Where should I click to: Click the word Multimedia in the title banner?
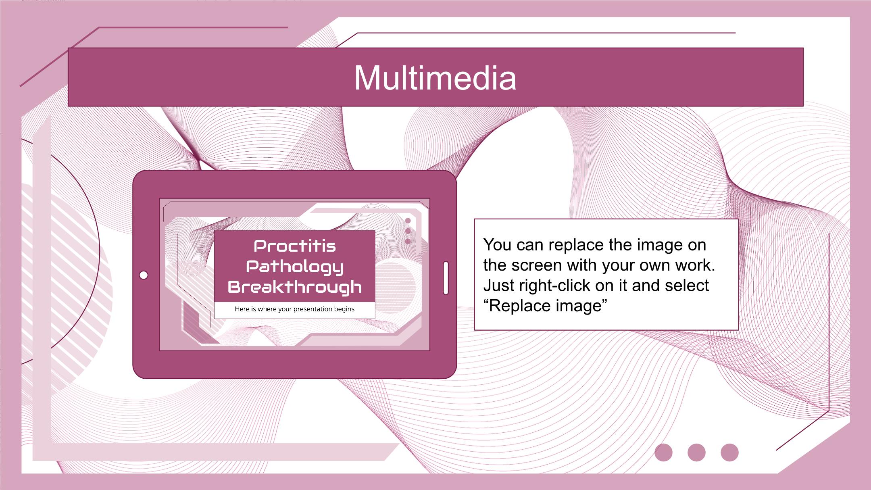pos(435,78)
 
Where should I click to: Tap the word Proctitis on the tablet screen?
pos(295,246)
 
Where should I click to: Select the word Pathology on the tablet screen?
pos(295,267)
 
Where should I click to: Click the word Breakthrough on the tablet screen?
pos(295,287)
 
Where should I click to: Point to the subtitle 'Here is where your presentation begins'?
pos(295,309)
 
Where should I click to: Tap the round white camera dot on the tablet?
pos(144,275)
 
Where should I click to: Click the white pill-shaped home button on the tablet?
pos(446,278)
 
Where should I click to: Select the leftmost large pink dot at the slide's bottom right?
pos(663,452)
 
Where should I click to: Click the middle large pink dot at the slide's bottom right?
pos(696,452)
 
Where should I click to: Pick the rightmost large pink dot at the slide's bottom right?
pos(729,452)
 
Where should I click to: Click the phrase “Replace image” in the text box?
pos(545,306)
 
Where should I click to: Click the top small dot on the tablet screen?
pos(408,221)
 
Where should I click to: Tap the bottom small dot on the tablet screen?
pos(408,241)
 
